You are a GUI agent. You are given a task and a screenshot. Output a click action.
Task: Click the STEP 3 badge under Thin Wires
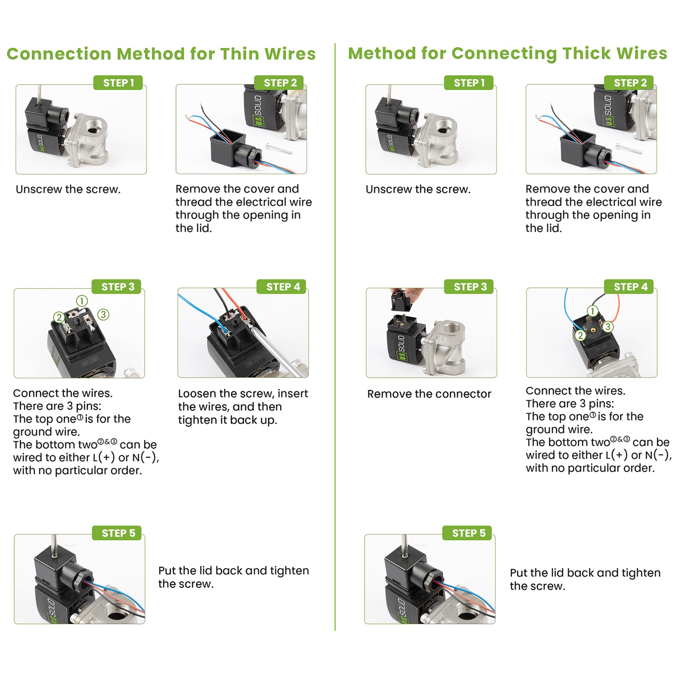118,287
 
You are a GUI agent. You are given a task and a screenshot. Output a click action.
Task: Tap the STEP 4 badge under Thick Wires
630,287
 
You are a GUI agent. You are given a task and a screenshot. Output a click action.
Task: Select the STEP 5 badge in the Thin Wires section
118,533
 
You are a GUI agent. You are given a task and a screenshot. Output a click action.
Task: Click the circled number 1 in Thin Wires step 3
82,301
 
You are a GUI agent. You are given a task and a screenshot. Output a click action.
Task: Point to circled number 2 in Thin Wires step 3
59,317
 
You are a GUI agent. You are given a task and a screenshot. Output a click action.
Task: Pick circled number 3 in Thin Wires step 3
103,314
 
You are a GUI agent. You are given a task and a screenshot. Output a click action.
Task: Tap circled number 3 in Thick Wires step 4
608,327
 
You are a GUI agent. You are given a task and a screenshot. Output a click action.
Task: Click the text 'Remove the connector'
429,394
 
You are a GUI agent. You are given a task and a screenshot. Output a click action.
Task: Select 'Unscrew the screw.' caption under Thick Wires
418,189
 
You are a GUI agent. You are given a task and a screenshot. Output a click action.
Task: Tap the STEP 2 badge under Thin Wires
280,83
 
